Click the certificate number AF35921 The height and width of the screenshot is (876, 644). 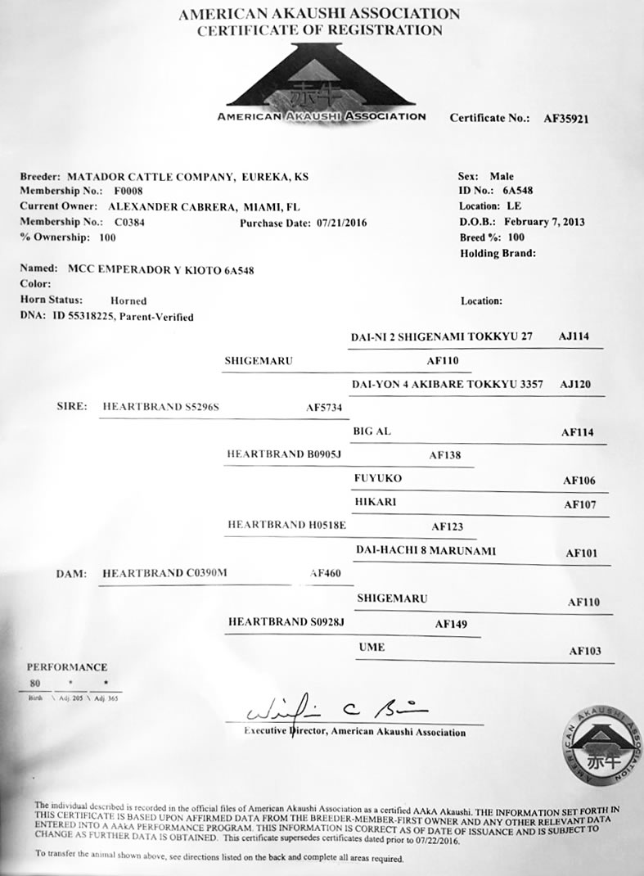(566, 118)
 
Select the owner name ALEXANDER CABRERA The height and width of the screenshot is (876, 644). (171, 206)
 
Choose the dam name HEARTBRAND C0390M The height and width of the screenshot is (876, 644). (164, 574)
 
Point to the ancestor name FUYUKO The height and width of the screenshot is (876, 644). (377, 477)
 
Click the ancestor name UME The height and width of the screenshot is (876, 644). (372, 648)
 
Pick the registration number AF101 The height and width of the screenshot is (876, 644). (583, 553)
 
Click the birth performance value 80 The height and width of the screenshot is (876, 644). (35, 682)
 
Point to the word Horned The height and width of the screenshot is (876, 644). (128, 301)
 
